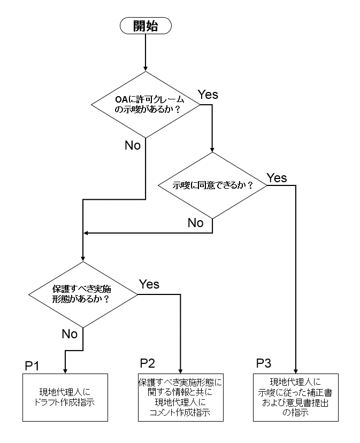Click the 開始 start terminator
click(145, 25)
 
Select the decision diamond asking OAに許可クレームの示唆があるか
click(146, 104)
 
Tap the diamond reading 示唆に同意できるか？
click(212, 185)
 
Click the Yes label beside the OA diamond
click(208, 95)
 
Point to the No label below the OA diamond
click(133, 145)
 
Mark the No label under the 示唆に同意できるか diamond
click(195, 223)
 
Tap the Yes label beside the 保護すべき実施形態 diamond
click(149, 284)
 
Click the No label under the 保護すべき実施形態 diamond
click(70, 334)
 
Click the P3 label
click(263, 364)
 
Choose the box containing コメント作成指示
click(179, 397)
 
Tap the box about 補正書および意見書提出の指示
click(294, 397)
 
